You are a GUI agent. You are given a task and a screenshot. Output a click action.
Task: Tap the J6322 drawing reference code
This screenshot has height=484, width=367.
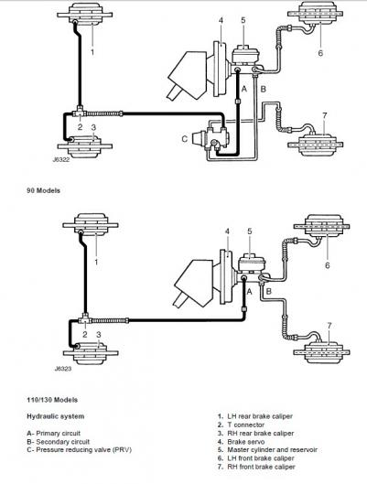click(60, 160)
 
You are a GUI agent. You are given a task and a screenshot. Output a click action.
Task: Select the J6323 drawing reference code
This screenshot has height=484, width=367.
click(62, 369)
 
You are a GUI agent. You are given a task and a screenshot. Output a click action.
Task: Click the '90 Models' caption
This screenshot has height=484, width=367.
click(44, 190)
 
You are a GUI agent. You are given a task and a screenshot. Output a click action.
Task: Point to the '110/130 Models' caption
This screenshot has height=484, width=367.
click(52, 400)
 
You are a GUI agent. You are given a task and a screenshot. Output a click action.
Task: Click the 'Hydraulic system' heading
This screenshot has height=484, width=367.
click(55, 416)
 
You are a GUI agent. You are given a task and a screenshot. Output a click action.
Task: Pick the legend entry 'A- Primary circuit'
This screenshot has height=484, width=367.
click(53, 434)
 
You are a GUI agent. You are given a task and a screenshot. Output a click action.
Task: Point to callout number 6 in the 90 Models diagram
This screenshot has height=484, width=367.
click(320, 53)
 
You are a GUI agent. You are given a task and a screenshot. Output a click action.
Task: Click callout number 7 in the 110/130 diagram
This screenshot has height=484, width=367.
click(329, 326)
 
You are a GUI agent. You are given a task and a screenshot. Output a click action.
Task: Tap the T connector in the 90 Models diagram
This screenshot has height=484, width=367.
click(80, 113)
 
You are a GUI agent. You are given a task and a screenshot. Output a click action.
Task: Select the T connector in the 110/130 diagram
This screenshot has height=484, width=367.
click(85, 319)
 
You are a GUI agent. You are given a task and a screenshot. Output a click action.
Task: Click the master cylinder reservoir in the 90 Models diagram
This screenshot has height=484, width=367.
click(243, 55)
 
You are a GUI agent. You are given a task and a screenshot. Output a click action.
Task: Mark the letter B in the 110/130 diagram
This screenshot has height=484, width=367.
click(269, 291)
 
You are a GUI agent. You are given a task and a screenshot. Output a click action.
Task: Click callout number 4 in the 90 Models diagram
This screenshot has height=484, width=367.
click(221, 20)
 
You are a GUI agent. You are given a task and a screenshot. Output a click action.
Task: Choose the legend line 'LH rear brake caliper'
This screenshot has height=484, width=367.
click(260, 416)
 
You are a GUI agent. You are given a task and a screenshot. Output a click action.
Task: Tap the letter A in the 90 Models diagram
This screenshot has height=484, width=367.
click(244, 90)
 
